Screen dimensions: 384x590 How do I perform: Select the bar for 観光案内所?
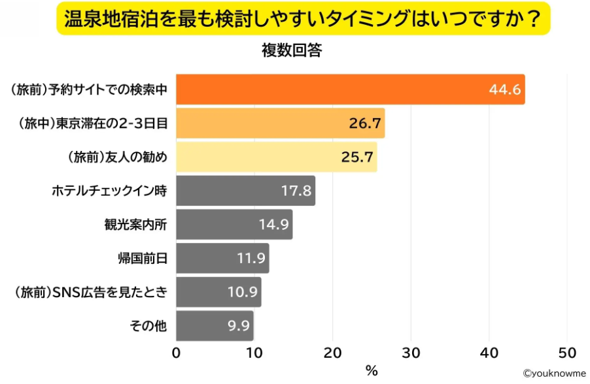coord(234,225)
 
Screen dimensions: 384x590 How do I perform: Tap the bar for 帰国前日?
coord(222,259)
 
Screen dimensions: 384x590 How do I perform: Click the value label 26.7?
coord(365,123)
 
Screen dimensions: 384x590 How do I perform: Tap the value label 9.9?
coord(238,326)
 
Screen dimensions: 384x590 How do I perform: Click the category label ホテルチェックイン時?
coord(110,191)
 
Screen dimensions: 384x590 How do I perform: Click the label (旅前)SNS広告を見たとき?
coord(90,292)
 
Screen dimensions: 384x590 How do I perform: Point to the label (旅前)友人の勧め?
coord(118,157)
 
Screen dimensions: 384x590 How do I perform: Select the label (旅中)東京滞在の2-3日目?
coord(90,123)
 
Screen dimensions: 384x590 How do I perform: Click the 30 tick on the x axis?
coord(411,353)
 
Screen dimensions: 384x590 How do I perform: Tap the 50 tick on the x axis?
coord(567,353)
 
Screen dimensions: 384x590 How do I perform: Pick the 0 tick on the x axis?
coord(177,353)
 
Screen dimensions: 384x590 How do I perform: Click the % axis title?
coord(372,371)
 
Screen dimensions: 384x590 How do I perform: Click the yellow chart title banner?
coord(303,19)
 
